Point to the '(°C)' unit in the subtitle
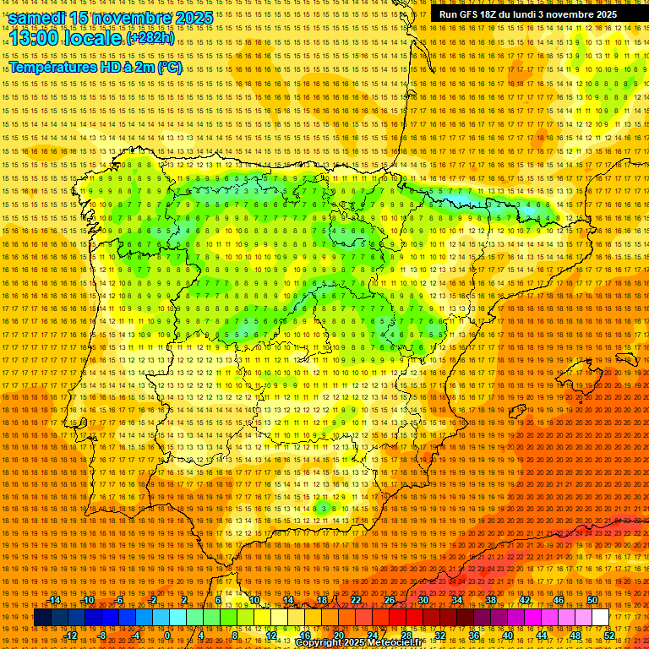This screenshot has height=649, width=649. point(169,67)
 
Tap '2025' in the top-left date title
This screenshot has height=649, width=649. point(191,17)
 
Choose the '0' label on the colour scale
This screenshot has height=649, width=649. point(167,635)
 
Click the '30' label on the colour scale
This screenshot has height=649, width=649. point(423,601)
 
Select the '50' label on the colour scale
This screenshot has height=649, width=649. point(592,601)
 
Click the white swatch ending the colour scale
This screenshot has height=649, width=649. point(601,618)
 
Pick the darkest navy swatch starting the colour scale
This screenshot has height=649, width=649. point(42,618)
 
